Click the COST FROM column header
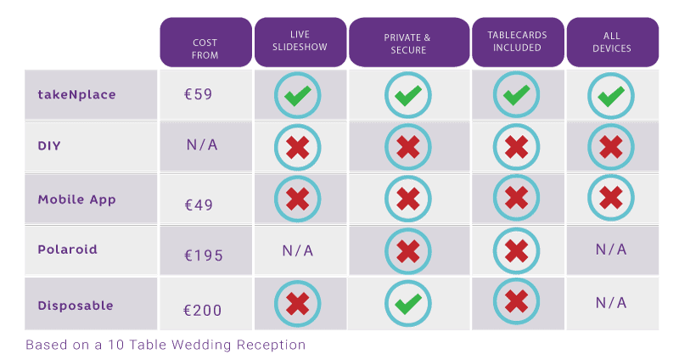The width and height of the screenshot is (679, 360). (205, 48)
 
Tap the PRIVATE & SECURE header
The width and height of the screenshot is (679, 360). (407, 43)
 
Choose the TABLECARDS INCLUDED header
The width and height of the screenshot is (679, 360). (517, 42)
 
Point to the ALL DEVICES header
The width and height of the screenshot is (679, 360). (612, 42)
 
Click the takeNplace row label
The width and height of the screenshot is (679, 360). (76, 94)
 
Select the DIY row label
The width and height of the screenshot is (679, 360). (49, 146)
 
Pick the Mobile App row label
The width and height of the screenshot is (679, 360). (76, 200)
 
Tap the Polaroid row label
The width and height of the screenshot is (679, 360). (67, 250)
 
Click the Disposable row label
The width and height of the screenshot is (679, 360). (76, 305)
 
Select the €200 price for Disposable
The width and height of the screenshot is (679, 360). (204, 310)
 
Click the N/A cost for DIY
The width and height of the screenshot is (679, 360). (202, 145)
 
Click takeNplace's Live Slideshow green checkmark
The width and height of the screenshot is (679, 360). (297, 95)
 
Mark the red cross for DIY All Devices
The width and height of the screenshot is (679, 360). (611, 147)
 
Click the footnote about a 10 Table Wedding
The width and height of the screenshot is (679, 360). (166, 346)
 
